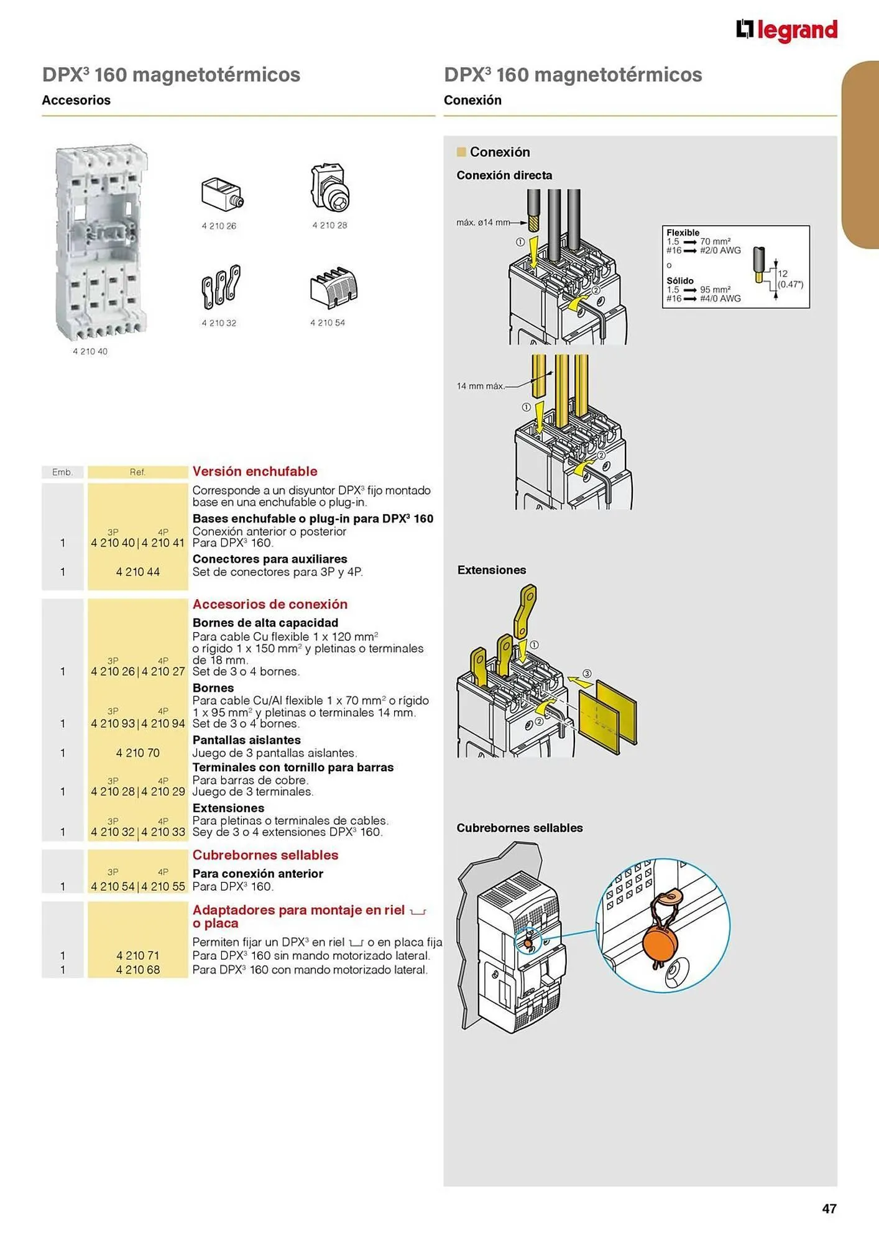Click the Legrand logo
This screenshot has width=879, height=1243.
tap(786, 30)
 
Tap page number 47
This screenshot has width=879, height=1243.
tap(829, 1208)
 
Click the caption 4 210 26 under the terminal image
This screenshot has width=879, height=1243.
tap(219, 226)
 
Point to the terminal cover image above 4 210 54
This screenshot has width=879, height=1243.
tap(334, 287)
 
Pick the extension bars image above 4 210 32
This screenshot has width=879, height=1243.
tap(220, 287)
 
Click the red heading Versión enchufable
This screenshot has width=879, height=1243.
tap(255, 471)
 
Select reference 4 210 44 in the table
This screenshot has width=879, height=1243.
tap(138, 572)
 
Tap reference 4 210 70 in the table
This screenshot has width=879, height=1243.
tap(138, 753)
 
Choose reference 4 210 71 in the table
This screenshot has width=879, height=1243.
tap(138, 955)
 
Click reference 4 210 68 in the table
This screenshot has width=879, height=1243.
tap(138, 970)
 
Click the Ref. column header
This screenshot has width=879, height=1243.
tap(137, 472)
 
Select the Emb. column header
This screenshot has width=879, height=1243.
tap(62, 472)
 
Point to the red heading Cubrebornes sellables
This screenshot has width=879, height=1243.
tap(265, 855)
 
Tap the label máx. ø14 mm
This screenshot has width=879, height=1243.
tap(483, 222)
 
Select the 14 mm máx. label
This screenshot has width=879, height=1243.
tap(480, 386)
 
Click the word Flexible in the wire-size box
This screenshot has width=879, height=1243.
tap(683, 232)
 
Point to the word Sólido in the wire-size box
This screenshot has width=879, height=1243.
tap(680, 281)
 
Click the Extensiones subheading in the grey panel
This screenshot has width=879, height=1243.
tap(492, 570)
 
